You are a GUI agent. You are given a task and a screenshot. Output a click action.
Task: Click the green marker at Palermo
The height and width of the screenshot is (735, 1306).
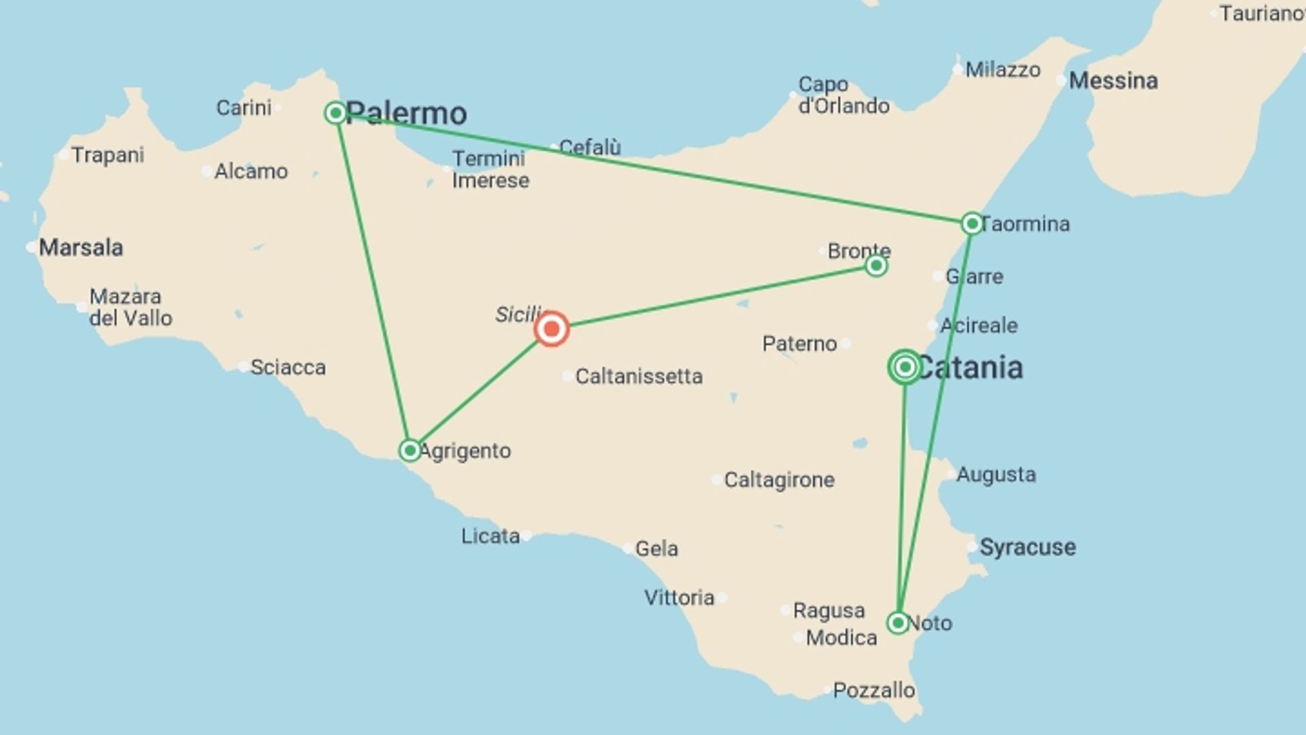click(335, 113)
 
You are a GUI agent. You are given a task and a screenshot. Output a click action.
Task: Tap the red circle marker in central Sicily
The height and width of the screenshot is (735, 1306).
click(552, 329)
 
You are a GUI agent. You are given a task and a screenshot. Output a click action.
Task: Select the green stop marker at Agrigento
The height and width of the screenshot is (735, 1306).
click(409, 451)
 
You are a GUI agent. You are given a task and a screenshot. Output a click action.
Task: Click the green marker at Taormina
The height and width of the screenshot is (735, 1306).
click(971, 223)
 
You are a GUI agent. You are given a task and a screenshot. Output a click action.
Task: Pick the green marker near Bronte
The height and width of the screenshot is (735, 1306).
click(876, 265)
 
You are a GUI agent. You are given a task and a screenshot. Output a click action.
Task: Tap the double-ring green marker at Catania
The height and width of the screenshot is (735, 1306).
click(905, 367)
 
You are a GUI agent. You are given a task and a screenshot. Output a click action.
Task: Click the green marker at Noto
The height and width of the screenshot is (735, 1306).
click(898, 623)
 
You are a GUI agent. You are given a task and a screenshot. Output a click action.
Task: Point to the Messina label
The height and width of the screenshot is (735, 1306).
click(1113, 81)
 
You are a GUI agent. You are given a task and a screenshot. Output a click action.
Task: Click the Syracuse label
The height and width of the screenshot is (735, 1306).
click(1027, 547)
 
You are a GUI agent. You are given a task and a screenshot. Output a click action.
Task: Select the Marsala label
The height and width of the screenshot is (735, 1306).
click(80, 248)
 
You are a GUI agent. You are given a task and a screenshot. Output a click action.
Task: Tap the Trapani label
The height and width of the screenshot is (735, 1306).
click(107, 155)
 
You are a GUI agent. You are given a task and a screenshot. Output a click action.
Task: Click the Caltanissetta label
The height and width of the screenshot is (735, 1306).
click(638, 376)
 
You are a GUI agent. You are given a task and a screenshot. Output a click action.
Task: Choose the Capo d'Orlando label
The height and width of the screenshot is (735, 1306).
click(843, 95)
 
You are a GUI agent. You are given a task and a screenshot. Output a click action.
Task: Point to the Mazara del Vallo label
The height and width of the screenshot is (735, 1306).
click(131, 308)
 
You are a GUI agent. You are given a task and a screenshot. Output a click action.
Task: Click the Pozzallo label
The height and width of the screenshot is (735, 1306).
click(873, 691)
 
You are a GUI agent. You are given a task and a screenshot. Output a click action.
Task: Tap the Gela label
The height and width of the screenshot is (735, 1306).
click(656, 549)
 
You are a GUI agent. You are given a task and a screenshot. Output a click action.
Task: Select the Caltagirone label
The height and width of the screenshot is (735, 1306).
click(779, 480)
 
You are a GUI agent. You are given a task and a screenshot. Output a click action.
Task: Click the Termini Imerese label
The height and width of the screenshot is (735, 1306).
click(490, 169)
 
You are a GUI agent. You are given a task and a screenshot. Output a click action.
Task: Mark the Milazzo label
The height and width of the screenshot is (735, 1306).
click(1003, 70)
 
